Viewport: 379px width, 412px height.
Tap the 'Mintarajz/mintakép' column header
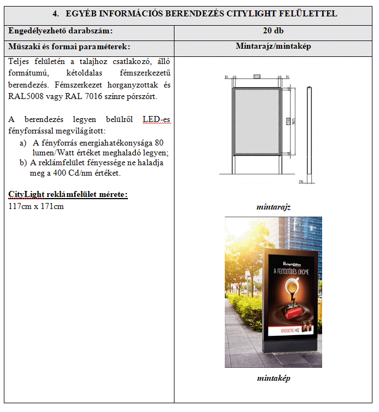[x=273, y=47]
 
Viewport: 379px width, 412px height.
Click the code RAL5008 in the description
[x=23, y=96]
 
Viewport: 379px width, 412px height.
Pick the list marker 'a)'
[x=23, y=143]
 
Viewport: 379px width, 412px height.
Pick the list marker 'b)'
[x=23, y=163]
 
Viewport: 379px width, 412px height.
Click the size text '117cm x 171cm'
[x=36, y=206]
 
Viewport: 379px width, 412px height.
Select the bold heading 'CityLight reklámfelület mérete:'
[x=68, y=195]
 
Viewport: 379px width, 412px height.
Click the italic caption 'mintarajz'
[x=273, y=207]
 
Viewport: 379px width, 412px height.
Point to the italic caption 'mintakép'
[x=273, y=378]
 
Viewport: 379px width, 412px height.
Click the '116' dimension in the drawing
[x=301, y=182]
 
